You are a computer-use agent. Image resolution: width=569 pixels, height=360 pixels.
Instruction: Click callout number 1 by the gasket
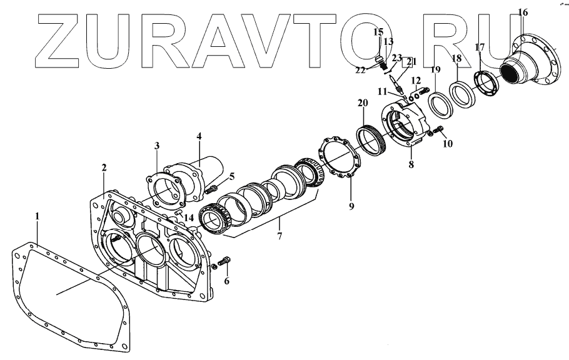tap(38, 216)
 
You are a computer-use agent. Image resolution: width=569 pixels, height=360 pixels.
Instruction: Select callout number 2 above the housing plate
tap(104, 167)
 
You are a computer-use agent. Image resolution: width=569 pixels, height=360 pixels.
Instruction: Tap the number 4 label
tap(198, 136)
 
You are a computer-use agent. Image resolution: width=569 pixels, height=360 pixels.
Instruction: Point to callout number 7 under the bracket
tap(279, 236)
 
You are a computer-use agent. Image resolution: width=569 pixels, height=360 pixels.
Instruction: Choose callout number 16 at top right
tap(523, 12)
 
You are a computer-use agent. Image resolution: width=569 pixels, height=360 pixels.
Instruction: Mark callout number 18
tap(457, 58)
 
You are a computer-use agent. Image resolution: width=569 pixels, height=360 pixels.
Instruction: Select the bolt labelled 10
tap(435, 131)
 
